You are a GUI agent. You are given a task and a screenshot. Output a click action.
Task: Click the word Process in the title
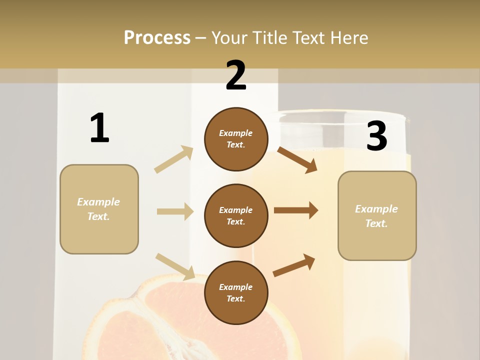157,38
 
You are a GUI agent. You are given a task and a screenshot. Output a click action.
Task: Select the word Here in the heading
349,38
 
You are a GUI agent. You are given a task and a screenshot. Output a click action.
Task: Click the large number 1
99,128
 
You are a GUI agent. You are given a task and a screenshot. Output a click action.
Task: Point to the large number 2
236,75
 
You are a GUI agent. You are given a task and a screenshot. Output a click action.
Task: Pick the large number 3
376,136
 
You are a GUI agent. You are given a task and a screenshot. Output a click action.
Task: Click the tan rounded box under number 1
99,209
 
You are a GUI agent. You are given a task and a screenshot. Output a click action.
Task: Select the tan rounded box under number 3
377,216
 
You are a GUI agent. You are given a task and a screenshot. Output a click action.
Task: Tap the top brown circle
236,139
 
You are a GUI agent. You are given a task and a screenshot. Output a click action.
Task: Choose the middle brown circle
236,216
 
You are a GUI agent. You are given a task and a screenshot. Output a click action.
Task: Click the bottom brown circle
236,293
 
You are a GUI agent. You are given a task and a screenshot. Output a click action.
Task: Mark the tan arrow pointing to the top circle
174,159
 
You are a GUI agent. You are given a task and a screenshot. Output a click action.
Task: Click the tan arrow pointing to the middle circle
175,211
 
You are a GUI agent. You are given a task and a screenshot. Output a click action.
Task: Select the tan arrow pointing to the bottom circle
175,266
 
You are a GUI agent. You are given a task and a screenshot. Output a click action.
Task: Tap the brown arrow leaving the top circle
297,160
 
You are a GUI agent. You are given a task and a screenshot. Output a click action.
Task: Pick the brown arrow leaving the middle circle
296,210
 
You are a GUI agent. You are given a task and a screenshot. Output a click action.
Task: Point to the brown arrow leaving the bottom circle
294,265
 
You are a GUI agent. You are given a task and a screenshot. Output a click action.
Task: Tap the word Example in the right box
376,209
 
